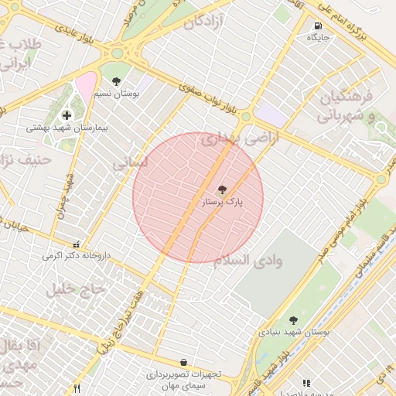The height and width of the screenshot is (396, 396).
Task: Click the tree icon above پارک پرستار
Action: pyautogui.click(x=223, y=189)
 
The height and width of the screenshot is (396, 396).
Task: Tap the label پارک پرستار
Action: pyautogui.click(x=223, y=202)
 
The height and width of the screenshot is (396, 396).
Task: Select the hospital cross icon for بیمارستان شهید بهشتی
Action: pyautogui.click(x=67, y=115)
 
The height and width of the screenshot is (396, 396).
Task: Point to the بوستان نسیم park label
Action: pyautogui.click(x=124, y=94)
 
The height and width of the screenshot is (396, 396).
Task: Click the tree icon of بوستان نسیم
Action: pyautogui.click(x=116, y=81)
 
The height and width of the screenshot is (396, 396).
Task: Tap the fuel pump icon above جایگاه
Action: pyautogui.click(x=318, y=26)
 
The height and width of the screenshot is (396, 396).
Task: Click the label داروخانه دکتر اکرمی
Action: pyautogui.click(x=76, y=254)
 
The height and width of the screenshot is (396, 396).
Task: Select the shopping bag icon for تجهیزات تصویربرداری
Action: pyautogui.click(x=183, y=362)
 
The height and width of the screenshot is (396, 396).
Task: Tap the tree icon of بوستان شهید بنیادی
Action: pyautogui.click(x=292, y=319)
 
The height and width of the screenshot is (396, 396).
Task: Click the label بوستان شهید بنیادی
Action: pyautogui.click(x=295, y=332)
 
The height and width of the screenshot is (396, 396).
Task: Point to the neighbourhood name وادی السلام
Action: pyautogui.click(x=248, y=259)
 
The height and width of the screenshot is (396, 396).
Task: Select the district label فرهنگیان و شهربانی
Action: pyautogui.click(x=346, y=106)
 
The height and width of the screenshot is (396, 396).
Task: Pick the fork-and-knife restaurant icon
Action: pyautogui.click(x=76, y=387)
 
